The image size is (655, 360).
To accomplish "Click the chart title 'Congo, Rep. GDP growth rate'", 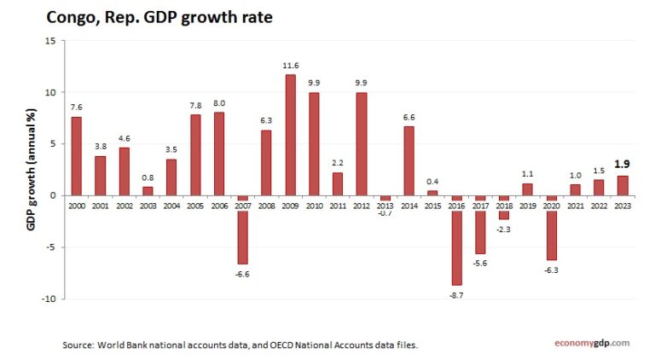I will tap(159, 16).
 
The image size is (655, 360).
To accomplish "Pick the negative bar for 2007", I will tap(242, 229).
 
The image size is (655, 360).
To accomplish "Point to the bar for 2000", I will tap(77, 156).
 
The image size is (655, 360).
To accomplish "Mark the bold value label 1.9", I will tap(623, 165).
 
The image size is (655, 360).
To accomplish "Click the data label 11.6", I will tap(290, 66).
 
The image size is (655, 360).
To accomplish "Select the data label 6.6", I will tap(409, 117).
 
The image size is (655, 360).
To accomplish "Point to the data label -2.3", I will tap(503, 229).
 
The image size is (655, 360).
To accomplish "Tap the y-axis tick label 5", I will tap(52, 143).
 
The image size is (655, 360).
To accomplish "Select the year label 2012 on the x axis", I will tap(362, 206).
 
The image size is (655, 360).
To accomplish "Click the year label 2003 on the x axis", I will tap(148, 206).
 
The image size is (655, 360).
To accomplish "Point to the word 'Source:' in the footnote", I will tap(79, 345).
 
